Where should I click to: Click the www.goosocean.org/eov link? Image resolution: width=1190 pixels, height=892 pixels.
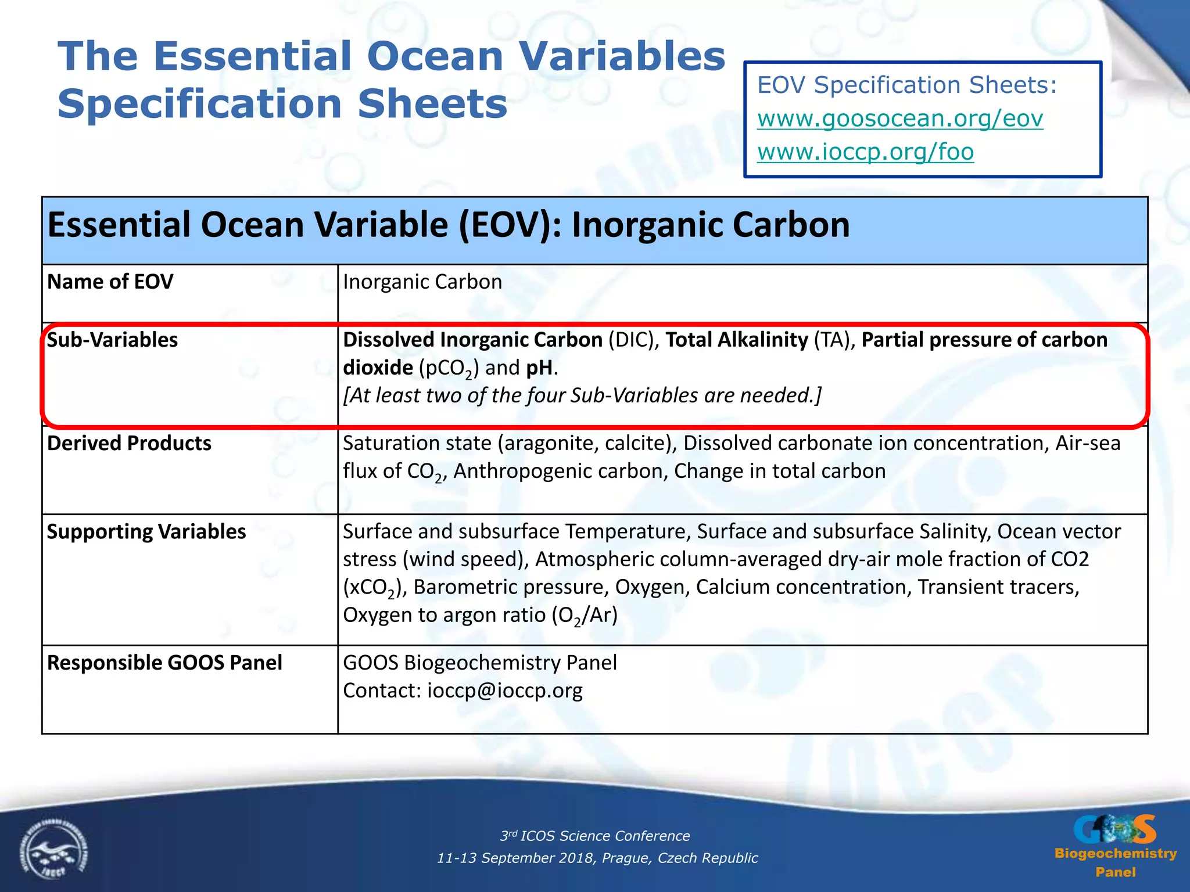click(899, 118)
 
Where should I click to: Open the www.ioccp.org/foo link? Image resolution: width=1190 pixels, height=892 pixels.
click(865, 152)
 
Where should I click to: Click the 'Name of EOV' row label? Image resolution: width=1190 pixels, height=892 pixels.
click(110, 282)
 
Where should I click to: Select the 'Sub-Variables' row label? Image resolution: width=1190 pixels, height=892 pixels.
click(112, 340)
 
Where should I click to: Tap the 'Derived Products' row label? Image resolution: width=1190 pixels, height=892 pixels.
click(129, 443)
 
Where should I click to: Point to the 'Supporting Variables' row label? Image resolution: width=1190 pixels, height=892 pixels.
click(146, 531)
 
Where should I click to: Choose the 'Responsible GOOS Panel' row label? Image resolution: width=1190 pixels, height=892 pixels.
click(164, 663)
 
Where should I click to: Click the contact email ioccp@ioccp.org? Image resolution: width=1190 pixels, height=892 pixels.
click(504, 690)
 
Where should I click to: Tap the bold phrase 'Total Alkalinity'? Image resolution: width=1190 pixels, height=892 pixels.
click(736, 340)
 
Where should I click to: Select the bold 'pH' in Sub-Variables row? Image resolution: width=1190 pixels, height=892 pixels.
click(539, 368)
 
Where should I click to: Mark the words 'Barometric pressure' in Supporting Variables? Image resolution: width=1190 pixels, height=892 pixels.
click(511, 587)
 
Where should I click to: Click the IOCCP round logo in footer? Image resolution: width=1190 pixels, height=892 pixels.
click(53, 851)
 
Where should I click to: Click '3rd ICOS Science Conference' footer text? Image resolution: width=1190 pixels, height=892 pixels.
click(595, 836)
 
